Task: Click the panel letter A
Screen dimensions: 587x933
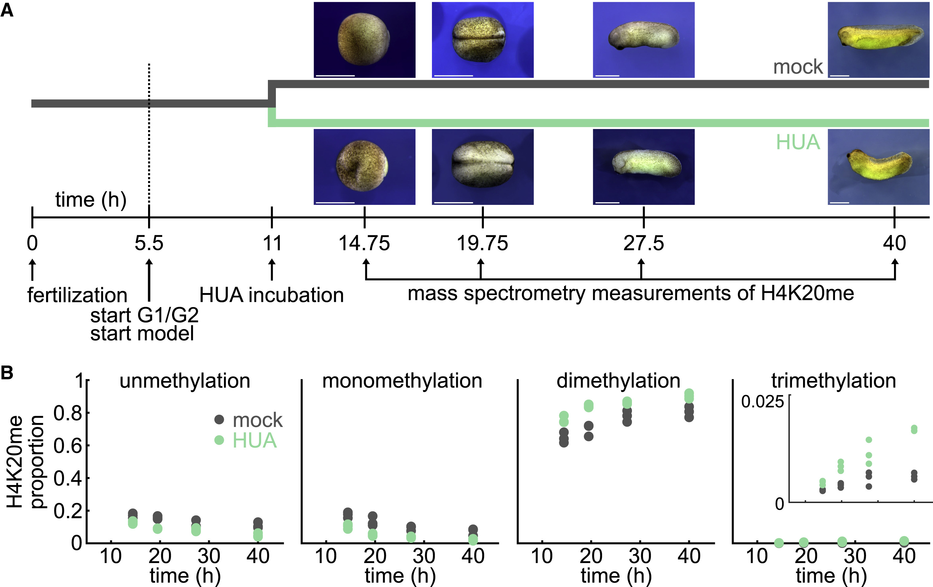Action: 7,10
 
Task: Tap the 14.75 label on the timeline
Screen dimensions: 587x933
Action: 364,243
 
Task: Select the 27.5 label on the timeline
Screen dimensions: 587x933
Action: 643,243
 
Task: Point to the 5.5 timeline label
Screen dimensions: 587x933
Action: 149,243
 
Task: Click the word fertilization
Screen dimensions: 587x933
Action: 77,295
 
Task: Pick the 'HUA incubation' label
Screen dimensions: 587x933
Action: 271,295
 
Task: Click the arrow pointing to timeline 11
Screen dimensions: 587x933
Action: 272,270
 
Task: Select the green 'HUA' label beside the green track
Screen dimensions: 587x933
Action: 798,142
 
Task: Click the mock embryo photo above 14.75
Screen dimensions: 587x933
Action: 364,40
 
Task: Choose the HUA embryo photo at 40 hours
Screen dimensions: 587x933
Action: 878,166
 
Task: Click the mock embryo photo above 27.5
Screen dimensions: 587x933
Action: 644,40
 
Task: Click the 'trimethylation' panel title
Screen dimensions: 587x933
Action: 833,381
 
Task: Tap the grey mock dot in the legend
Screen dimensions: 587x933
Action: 219,419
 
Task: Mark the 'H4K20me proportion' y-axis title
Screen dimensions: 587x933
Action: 25,461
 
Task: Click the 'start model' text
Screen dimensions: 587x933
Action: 142,334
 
